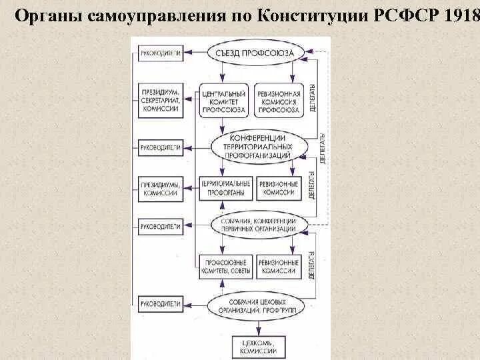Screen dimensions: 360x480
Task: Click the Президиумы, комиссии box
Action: [x=160, y=187]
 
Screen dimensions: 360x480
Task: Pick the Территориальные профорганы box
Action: [x=225, y=187]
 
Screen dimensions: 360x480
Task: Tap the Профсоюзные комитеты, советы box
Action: [x=225, y=267]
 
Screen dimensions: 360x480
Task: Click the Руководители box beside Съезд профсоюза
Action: [x=160, y=51]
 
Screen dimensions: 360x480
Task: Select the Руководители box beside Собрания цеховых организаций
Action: [x=160, y=304]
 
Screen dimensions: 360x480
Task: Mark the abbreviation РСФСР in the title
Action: [x=406, y=15]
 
